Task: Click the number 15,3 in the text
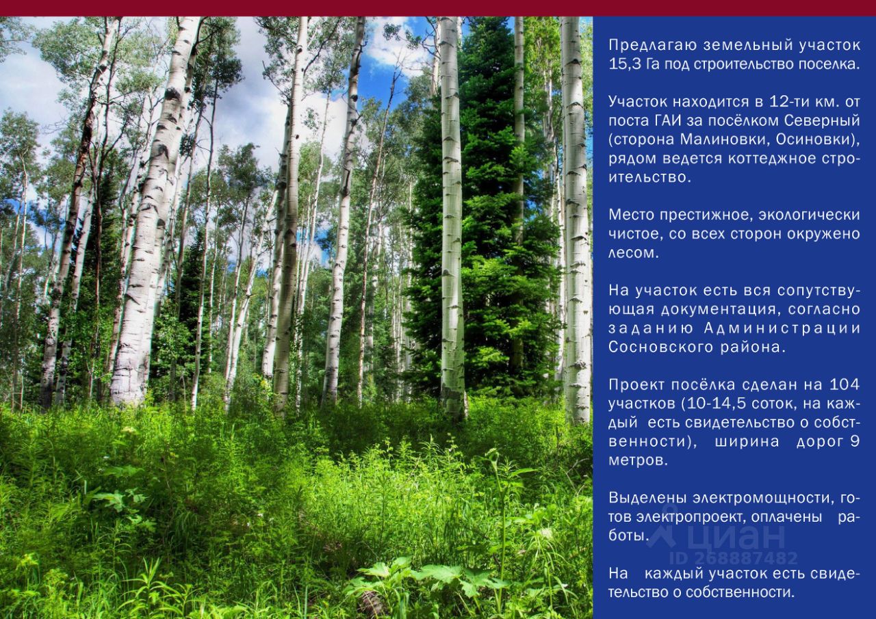point(625,64)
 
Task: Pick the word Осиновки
point(815,140)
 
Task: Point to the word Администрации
point(782,328)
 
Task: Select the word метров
point(636,460)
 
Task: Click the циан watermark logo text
point(735,538)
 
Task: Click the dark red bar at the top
point(438,8)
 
